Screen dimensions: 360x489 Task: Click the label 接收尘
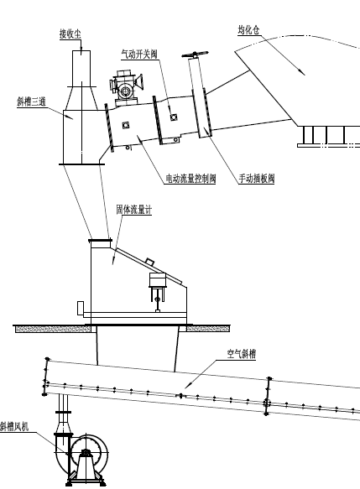(70, 34)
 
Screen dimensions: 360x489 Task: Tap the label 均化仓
(248, 30)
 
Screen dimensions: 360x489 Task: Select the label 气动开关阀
(139, 55)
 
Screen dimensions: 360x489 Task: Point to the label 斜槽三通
(32, 101)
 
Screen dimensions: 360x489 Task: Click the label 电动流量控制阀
(190, 179)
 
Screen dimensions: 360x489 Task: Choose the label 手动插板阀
(257, 179)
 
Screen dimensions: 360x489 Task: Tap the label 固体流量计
(134, 210)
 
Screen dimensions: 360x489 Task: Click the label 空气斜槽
(242, 354)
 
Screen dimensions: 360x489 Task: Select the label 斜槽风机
(14, 426)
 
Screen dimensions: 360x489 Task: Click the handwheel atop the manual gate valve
(195, 55)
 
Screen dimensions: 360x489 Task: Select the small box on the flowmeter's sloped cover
(149, 261)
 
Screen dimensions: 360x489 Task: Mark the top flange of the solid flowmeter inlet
(100, 241)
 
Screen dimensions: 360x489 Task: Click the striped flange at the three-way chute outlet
(109, 128)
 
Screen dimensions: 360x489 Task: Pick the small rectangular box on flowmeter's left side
(81, 308)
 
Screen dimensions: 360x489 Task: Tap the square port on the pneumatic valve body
(174, 117)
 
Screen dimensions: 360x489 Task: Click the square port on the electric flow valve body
(126, 125)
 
